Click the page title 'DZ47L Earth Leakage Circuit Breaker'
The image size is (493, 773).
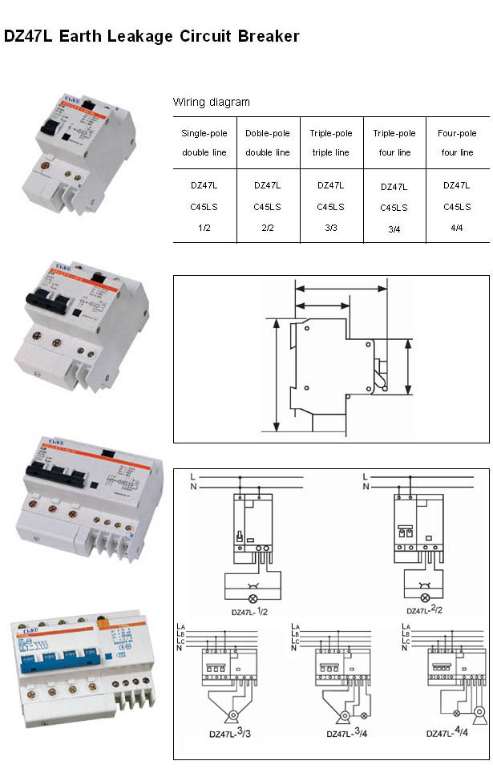tap(152, 36)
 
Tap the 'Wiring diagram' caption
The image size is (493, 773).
tap(211, 102)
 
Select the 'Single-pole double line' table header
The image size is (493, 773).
tap(204, 143)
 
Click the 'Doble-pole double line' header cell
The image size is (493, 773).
tap(268, 143)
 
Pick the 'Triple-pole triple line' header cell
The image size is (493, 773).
tap(331, 143)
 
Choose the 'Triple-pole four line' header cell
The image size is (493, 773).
tap(394, 143)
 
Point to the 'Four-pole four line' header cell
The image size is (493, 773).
tap(457, 143)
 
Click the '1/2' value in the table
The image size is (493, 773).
tap(204, 228)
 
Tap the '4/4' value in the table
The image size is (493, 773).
tap(457, 228)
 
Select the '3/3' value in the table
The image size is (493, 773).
tap(331, 228)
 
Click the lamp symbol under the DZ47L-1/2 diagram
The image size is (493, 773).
tap(253, 598)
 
